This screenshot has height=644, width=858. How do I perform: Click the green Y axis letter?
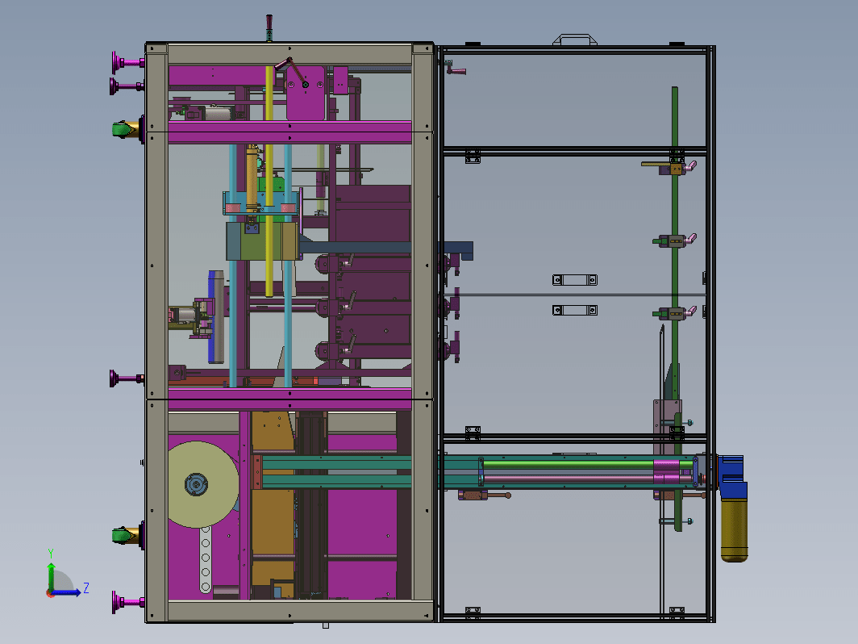50,554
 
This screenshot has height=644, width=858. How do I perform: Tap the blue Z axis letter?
86,588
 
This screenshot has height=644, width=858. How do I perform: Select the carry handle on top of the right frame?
574,40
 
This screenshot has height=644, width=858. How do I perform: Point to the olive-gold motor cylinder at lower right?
735,529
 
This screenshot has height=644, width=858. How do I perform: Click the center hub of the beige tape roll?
196,485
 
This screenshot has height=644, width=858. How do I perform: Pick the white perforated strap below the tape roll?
205,560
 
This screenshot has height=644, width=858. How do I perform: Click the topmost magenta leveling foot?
127,62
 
